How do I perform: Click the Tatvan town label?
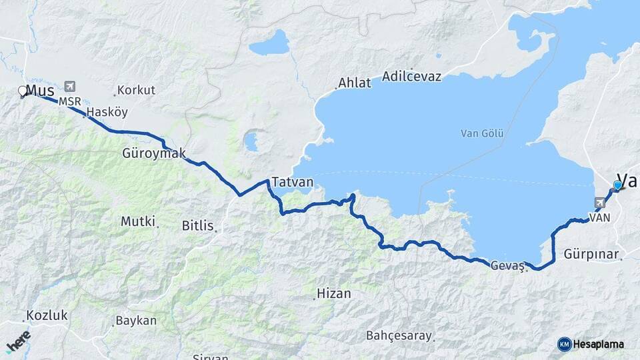pyautogui.click(x=287, y=182)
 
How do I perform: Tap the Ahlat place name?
pyautogui.click(x=354, y=83)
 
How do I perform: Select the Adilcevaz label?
pyautogui.click(x=413, y=77)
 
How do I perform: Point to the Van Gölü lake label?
pyautogui.click(x=482, y=133)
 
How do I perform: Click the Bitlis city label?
pyautogui.click(x=198, y=226)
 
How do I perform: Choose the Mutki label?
pyautogui.click(x=138, y=221)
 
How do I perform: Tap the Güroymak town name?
pyautogui.click(x=154, y=153)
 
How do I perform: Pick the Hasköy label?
pyautogui.click(x=107, y=112)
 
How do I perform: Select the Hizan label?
pyautogui.click(x=333, y=293)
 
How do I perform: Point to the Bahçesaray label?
pyautogui.click(x=399, y=335)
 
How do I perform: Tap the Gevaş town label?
pyautogui.click(x=508, y=265)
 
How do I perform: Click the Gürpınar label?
pyautogui.click(x=591, y=255)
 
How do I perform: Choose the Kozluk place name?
pyautogui.click(x=47, y=315)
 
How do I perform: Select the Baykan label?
pyautogui.click(x=136, y=321)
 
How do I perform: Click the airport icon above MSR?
pyautogui.click(x=71, y=87)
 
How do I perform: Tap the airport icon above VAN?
pyautogui.click(x=600, y=203)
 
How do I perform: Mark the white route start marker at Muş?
pyautogui.click(x=22, y=91)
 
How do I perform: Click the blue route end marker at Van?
pyautogui.click(x=618, y=185)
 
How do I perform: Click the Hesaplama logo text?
pyautogui.click(x=597, y=344)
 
